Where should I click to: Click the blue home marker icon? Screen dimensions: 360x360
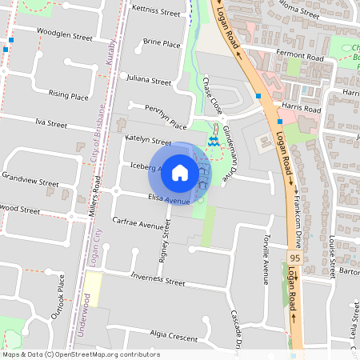coord(180,172)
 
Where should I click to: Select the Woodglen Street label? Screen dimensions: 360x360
coord(70,36)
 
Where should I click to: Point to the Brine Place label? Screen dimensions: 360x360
coord(162,43)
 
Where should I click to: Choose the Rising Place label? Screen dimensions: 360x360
coord(68,95)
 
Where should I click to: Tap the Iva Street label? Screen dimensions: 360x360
coord(51,123)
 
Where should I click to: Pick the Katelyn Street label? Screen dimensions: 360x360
coord(149,141)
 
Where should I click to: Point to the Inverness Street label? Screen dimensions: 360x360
coord(158,280)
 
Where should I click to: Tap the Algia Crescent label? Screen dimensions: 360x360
coord(173,335)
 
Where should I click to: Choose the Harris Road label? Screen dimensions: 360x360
coord(298,106)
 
